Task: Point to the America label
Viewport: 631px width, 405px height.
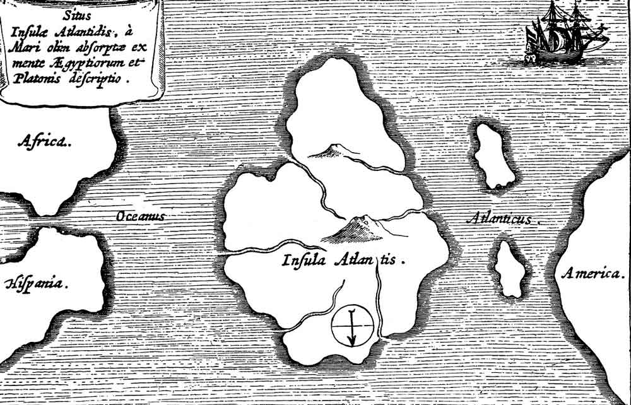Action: (x=593, y=274)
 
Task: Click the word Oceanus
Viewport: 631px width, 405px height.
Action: (x=141, y=216)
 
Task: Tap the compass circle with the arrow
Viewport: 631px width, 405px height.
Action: (x=353, y=326)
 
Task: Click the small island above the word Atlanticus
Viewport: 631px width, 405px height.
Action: (x=495, y=156)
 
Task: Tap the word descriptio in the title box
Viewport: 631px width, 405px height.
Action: (x=101, y=80)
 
